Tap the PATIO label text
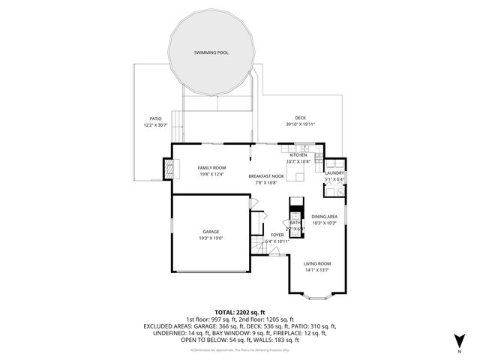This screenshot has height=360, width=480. [155, 118]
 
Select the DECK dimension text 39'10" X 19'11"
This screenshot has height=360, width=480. [300, 124]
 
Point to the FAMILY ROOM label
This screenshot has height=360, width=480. [211, 167]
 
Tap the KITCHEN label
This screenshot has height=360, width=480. [298, 155]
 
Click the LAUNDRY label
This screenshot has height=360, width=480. [334, 172]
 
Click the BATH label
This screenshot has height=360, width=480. [295, 223]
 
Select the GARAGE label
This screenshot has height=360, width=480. [211, 232]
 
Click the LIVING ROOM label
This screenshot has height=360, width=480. [317, 264]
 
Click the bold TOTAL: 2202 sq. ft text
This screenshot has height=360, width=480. [240, 311]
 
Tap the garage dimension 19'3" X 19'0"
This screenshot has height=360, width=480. [211, 238]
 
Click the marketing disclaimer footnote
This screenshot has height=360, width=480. [240, 349]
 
